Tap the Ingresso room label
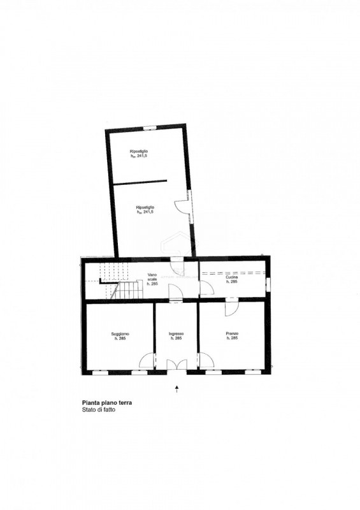pos(176,336)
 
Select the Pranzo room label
pos(232,336)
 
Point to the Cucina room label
pos(232,279)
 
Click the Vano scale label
pos(152,280)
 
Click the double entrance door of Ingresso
pos(176,365)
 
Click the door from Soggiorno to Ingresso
pos(147,361)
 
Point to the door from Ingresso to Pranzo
pos(206,361)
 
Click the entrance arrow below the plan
pos(176,387)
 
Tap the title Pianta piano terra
pos(107,403)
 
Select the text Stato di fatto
pos(99,411)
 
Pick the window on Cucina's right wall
pos(268,281)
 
